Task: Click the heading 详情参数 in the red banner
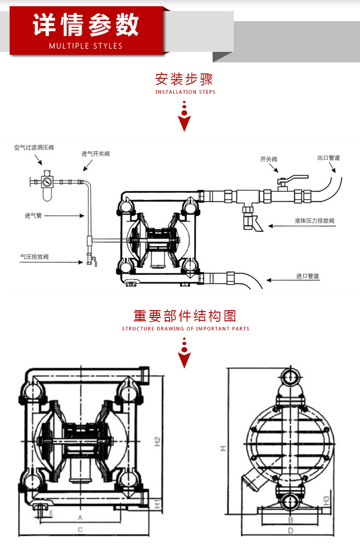click(86, 25)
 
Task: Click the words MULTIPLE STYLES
click(86, 46)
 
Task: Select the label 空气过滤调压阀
click(34, 147)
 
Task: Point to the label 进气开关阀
click(96, 154)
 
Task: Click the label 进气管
click(34, 216)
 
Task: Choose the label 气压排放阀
click(34, 257)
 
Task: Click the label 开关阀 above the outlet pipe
click(269, 159)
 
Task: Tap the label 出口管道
click(329, 158)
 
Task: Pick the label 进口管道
click(308, 276)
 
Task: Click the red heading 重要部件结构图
click(185, 316)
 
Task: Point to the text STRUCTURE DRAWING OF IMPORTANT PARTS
click(186, 329)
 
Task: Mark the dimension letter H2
click(157, 441)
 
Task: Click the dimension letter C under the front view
click(80, 529)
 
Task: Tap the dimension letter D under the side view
click(290, 531)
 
